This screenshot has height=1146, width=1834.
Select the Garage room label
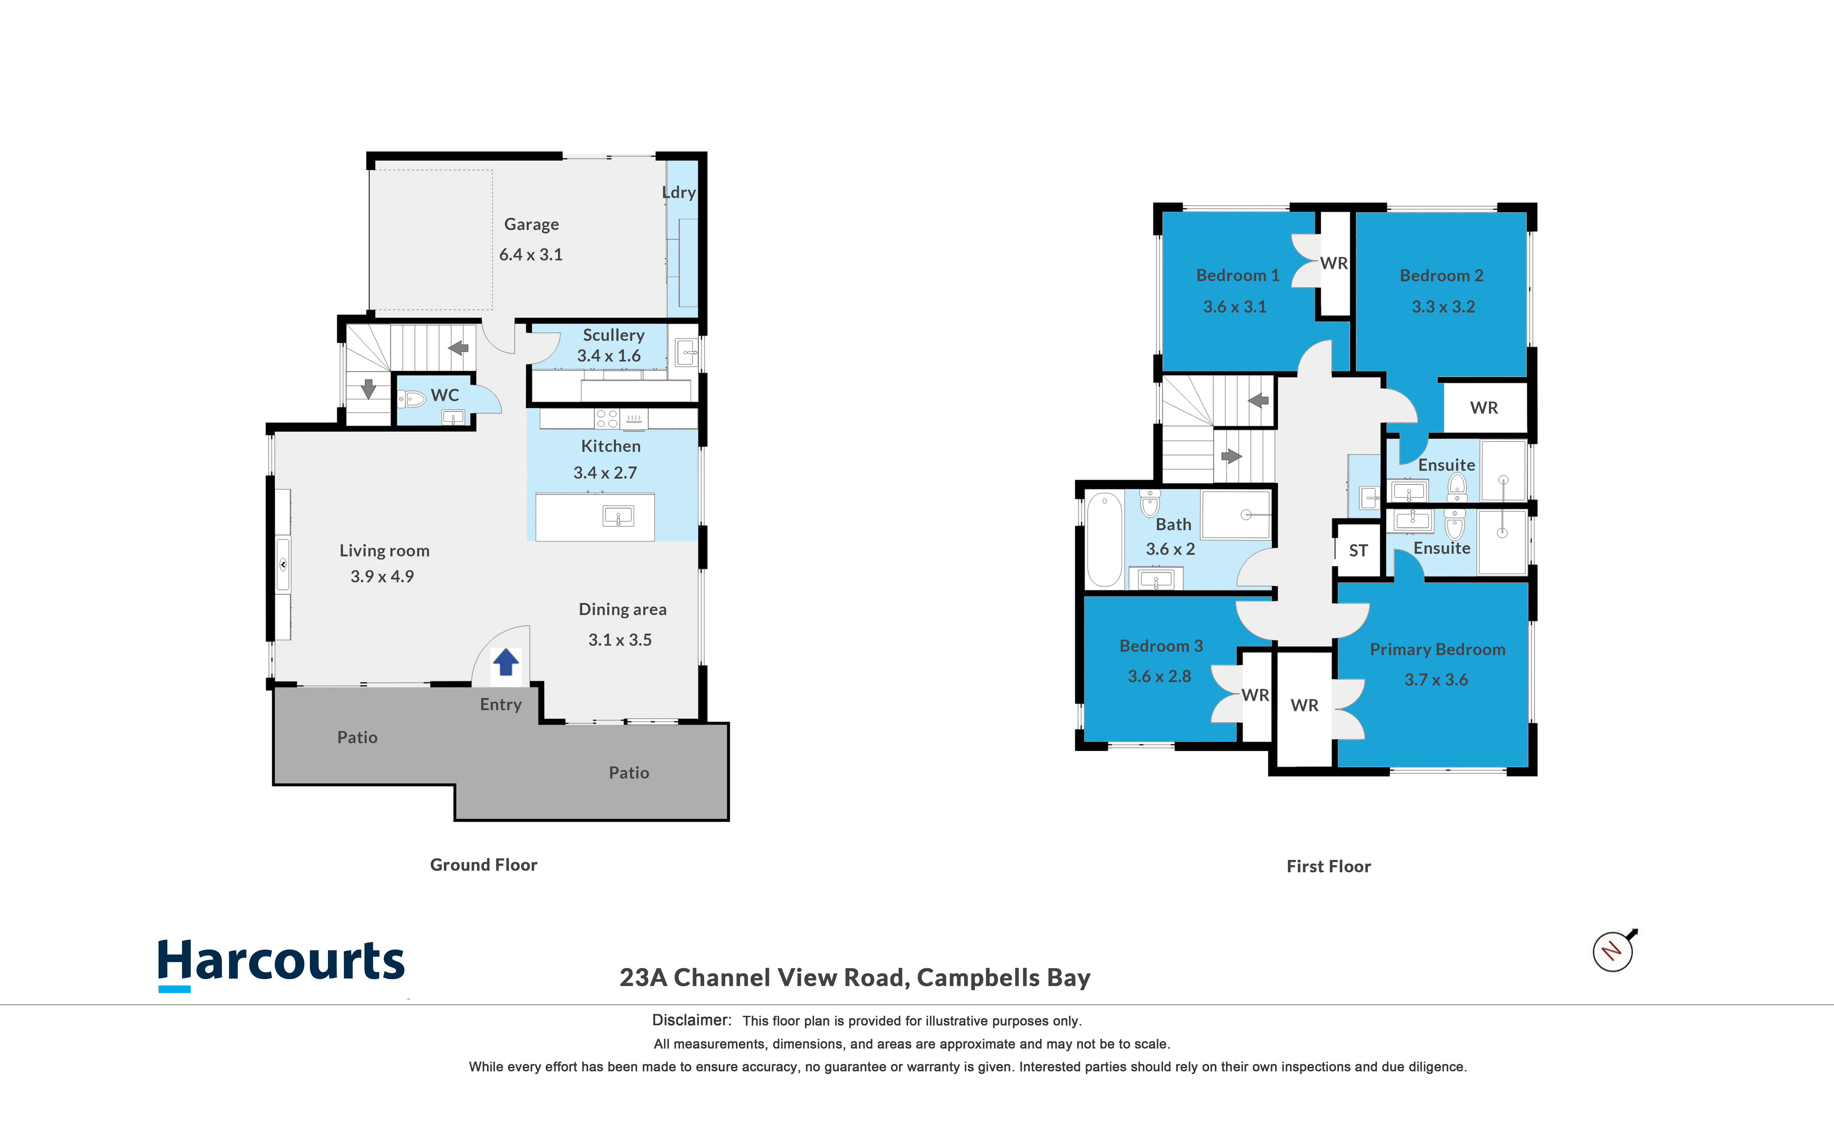[x=531, y=224]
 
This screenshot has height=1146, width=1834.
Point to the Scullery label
[x=613, y=335]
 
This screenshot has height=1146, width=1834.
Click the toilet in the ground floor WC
[x=412, y=398]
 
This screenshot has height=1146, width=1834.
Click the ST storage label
[x=1358, y=551]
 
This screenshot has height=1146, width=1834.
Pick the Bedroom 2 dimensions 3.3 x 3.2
[x=1443, y=307]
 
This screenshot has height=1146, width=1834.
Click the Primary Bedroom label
[x=1438, y=650]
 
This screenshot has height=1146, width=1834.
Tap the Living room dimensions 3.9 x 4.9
[x=382, y=577]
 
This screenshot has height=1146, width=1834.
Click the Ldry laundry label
[x=679, y=193]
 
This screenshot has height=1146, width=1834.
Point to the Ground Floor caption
[x=483, y=865]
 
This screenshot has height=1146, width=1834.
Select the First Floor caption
[x=1329, y=866]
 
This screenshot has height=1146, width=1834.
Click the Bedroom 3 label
[x=1161, y=646]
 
